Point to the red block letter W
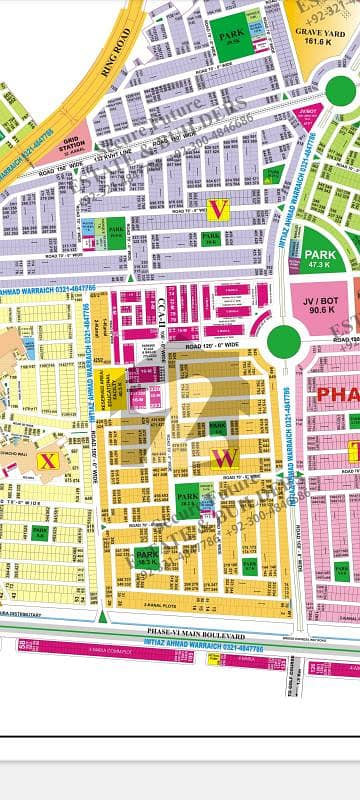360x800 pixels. (223, 459)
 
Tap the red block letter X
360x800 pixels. (44, 460)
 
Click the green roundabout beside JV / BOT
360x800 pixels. (283, 341)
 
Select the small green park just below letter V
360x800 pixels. (210, 239)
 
